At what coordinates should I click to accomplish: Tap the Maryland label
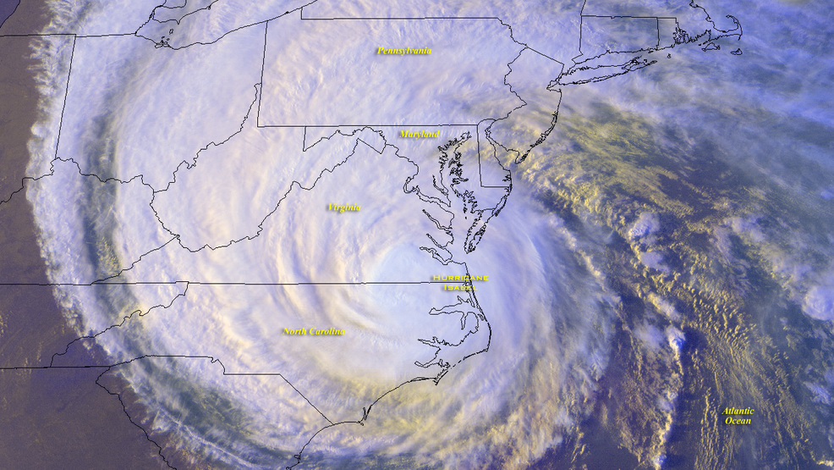[420, 134]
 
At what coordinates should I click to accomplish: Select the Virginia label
[344, 207]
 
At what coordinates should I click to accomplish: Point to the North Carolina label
[314, 331]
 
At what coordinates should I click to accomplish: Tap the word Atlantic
[738, 412]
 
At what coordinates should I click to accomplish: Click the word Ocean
[738, 421]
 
